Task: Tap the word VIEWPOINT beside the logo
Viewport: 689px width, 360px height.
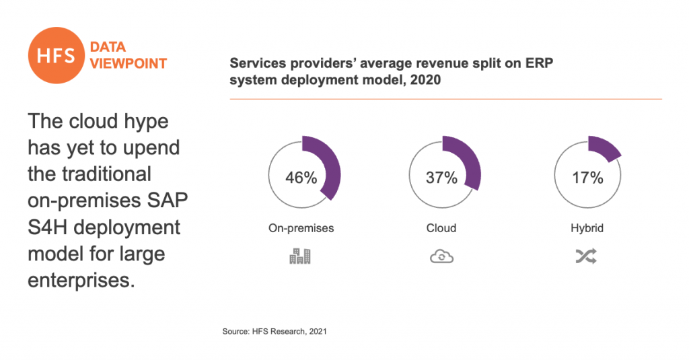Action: point(129,64)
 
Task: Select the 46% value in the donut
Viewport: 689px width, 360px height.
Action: point(301,178)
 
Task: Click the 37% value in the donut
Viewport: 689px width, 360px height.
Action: point(441,178)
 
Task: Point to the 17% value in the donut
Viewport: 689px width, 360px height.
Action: point(587,178)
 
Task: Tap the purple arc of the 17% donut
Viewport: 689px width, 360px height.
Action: point(604,149)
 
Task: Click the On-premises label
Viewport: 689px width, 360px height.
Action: point(301,228)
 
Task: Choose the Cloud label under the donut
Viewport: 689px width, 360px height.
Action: point(441,228)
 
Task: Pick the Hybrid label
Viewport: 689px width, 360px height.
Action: point(587,228)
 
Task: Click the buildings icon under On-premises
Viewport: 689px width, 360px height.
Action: point(300,256)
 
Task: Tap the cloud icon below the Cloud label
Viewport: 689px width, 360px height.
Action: point(441,256)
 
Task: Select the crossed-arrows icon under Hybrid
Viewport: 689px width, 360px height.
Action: point(587,256)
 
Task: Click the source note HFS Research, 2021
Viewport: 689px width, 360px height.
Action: point(275,332)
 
